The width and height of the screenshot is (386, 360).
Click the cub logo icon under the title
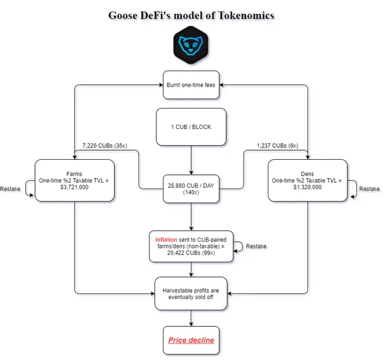click(x=191, y=46)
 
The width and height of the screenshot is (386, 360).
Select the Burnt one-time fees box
click(x=191, y=84)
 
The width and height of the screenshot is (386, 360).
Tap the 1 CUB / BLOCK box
click(x=191, y=127)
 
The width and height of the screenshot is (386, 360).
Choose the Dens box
click(x=308, y=180)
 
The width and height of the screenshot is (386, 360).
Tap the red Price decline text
click(x=191, y=340)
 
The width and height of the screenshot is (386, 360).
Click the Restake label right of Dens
click(x=369, y=189)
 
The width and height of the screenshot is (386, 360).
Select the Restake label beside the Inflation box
click(x=256, y=246)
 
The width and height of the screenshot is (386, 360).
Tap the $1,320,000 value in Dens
click(x=307, y=187)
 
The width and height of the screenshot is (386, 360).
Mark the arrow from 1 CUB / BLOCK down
click(x=191, y=160)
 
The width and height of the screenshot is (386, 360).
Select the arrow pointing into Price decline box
click(x=191, y=318)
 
